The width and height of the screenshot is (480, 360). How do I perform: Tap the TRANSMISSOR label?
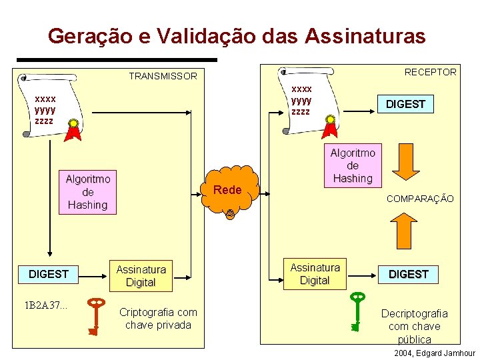(163, 76)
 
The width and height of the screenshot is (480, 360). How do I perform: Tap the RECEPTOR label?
(431, 72)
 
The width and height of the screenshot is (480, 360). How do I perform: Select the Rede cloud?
(228, 190)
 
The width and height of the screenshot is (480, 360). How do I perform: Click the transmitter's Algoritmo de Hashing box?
(87, 192)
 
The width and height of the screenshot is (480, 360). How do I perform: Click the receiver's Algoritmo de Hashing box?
(353, 165)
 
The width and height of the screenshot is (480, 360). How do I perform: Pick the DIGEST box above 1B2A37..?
(49, 274)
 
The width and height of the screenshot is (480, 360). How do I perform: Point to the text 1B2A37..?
(46, 305)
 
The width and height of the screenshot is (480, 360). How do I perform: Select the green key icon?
(358, 310)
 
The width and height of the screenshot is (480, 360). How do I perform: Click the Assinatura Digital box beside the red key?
(141, 276)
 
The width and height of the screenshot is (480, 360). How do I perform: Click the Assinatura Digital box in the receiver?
(315, 274)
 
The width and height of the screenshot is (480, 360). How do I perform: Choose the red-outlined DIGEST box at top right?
(405, 104)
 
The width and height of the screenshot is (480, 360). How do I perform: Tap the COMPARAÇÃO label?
(420, 199)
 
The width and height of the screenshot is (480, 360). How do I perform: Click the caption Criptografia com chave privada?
(158, 319)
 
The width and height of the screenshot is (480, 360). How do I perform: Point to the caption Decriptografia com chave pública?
(414, 326)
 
